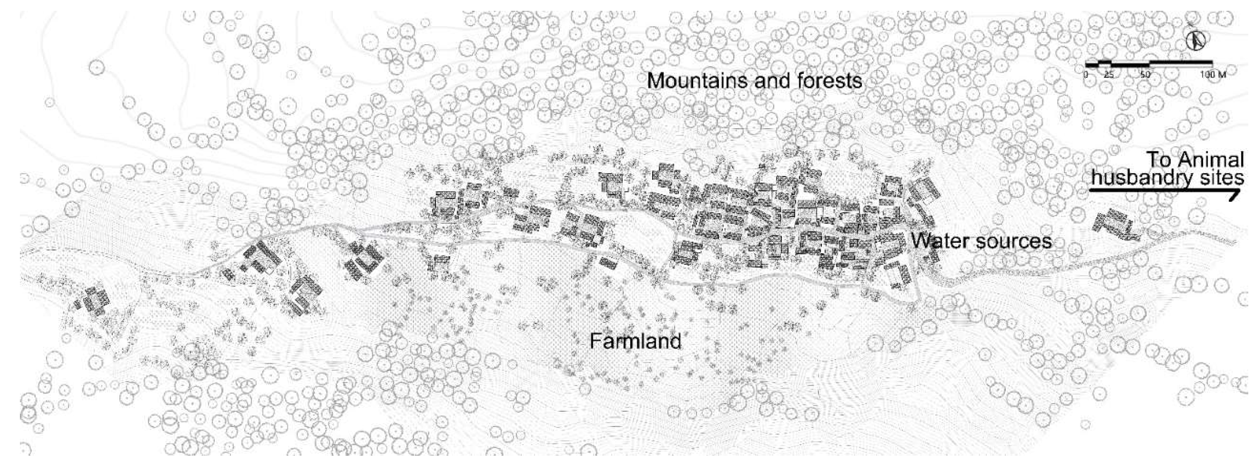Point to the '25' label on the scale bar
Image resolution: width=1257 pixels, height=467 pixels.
tap(1109, 75)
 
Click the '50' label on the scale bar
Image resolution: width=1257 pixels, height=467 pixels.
tap(1146, 75)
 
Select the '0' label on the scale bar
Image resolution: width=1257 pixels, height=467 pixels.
tap(1086, 75)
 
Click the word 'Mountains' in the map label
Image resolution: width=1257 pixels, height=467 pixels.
tap(698, 81)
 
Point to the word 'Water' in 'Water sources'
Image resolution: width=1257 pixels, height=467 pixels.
tap(939, 241)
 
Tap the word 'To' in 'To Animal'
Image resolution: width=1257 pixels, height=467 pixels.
tap(1158, 160)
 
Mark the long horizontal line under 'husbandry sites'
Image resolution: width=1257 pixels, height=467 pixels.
tap(1161, 191)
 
